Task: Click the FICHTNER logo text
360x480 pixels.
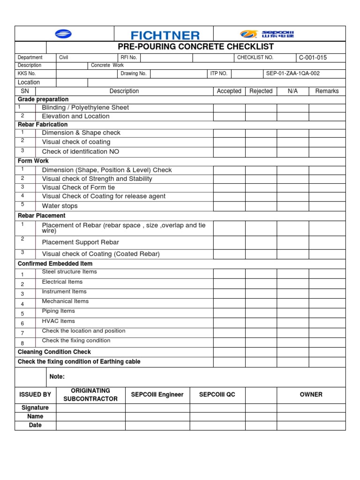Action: click(165, 35)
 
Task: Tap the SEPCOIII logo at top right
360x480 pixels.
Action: click(267, 34)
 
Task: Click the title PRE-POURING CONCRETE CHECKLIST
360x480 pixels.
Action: click(195, 47)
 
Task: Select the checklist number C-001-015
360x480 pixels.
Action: click(313, 58)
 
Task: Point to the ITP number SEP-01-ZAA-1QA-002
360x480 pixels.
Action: click(293, 74)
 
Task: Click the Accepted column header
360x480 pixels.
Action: click(229, 91)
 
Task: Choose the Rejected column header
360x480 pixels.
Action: click(261, 91)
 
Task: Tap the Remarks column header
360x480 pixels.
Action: click(327, 91)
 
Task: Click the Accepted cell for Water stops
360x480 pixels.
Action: click(229, 205)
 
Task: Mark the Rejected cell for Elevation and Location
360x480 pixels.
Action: click(261, 116)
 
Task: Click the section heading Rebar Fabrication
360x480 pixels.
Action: click(43, 125)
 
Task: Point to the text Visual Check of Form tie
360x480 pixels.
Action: click(78, 187)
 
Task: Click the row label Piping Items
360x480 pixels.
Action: click(58, 311)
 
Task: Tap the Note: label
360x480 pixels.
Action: click(57, 377)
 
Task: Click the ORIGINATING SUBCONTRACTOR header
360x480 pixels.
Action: click(90, 395)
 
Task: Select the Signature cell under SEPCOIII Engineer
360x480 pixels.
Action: click(157, 408)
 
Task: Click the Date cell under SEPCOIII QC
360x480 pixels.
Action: click(217, 425)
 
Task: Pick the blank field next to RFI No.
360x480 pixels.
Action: click(166, 58)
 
